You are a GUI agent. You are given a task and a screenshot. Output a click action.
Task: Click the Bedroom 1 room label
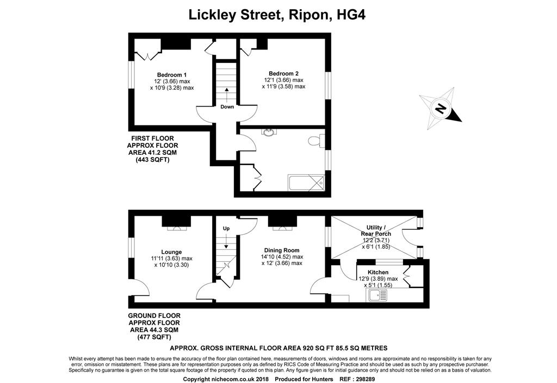(172, 75)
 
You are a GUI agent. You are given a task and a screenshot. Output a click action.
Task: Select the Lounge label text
(171, 252)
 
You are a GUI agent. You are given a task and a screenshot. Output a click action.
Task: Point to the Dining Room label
(282, 250)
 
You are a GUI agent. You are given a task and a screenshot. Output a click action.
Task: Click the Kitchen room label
(378, 272)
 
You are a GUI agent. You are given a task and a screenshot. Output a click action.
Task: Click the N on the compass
(441, 108)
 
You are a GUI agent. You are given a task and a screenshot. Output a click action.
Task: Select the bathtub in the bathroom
(307, 183)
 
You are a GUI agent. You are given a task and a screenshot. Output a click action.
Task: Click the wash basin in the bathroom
(269, 132)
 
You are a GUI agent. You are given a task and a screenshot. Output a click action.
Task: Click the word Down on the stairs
(227, 106)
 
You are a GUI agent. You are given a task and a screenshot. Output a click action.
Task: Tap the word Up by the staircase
(226, 228)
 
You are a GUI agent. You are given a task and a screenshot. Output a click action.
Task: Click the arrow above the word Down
(227, 94)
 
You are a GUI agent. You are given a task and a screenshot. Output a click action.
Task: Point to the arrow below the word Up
(226, 241)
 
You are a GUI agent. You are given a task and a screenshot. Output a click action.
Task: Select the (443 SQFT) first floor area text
(153, 160)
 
